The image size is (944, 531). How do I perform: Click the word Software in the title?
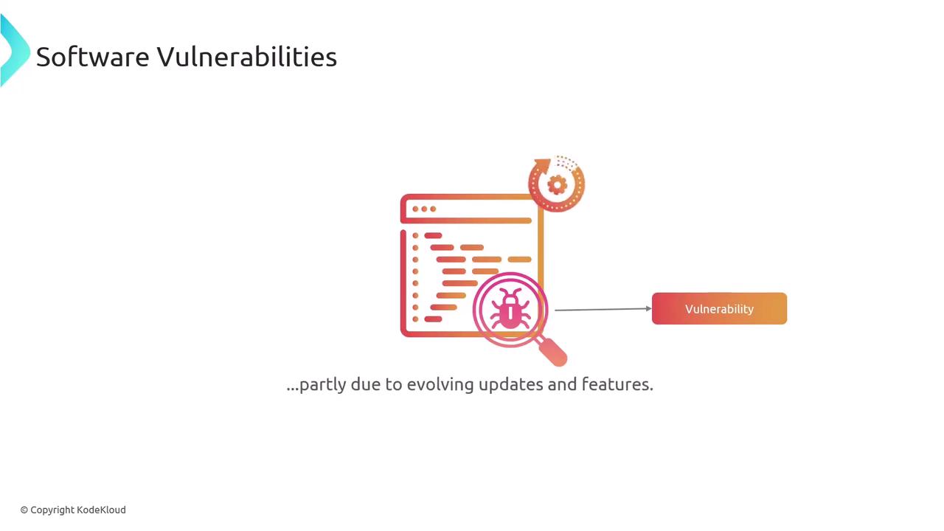[x=93, y=57]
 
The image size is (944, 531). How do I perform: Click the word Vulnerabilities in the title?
[x=247, y=57]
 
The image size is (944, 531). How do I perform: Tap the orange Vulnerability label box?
[x=719, y=308]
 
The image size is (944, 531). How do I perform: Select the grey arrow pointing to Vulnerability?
[x=603, y=309]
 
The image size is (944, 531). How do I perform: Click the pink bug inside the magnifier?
[x=510, y=308]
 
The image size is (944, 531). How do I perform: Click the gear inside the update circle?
[x=557, y=184]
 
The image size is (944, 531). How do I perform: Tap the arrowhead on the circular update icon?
[x=543, y=166]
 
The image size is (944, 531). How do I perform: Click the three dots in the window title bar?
[x=424, y=209]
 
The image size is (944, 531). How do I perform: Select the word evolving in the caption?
[x=440, y=384]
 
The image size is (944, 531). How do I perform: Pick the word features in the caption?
[x=617, y=384]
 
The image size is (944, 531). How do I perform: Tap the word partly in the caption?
[x=323, y=385]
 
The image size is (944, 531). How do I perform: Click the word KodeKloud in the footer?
[x=101, y=510]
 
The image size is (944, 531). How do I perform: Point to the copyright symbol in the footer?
[x=24, y=510]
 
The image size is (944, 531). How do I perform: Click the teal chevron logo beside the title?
[x=15, y=51]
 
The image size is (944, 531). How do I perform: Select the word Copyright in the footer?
[x=52, y=510]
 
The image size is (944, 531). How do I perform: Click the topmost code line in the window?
[x=433, y=235]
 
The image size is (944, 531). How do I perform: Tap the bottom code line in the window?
[x=433, y=319]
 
